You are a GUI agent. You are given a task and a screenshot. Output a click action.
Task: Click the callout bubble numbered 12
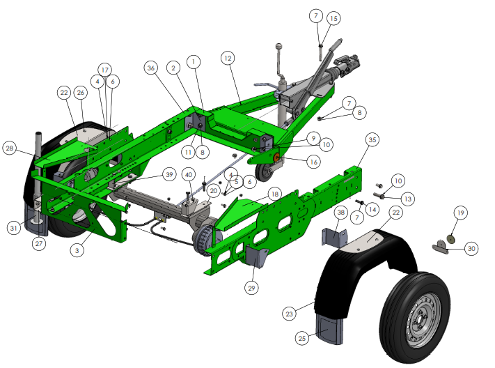[228, 58]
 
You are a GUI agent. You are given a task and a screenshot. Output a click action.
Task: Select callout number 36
[151, 68]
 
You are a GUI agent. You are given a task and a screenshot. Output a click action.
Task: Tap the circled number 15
[333, 19]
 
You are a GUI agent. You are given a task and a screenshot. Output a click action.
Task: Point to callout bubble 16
[313, 162]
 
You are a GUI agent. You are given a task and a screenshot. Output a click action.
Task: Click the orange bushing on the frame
[276, 158]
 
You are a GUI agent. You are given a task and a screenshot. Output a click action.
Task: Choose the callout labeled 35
[372, 139]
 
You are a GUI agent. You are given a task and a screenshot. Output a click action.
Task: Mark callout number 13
[408, 199]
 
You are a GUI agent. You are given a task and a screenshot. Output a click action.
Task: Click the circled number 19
[461, 213]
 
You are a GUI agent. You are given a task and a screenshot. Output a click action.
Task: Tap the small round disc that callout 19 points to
[450, 239]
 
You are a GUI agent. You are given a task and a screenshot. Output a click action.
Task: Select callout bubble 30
[471, 249]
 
